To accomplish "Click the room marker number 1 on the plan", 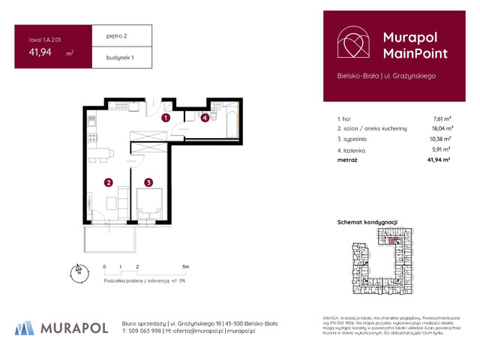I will pyautogui.click(x=166, y=118).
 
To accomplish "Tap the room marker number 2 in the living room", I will pyautogui.click(x=109, y=182).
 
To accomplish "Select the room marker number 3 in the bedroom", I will pyautogui.click(x=149, y=182).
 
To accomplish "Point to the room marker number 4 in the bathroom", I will pyautogui.click(x=205, y=118).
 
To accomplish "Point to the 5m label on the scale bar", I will pyautogui.click(x=185, y=266).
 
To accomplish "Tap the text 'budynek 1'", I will pyautogui.click(x=110, y=58).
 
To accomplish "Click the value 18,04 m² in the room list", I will pyautogui.click(x=441, y=128).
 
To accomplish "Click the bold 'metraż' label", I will pyautogui.click(x=348, y=160).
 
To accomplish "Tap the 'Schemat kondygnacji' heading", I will pyautogui.click(x=367, y=223).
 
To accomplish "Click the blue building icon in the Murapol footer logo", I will pyautogui.click(x=25, y=327).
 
